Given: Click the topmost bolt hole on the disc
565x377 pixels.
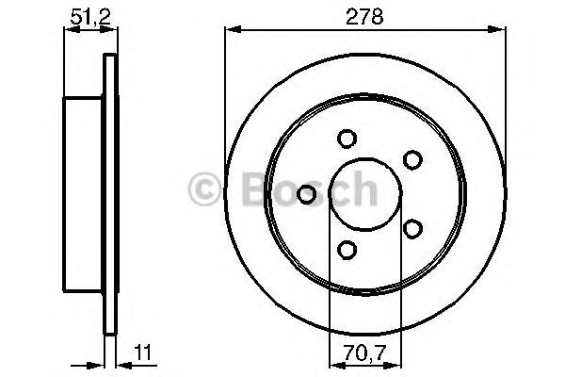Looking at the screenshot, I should tap(347, 139).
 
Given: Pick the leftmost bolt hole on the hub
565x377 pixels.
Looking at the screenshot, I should tap(306, 194).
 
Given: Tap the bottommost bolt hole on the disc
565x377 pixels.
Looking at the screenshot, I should tap(347, 249).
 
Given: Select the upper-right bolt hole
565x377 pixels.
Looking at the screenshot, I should tap(411, 160).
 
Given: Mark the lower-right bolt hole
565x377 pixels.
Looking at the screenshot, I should tap(411, 227).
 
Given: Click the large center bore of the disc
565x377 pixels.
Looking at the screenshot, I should tap(358, 194).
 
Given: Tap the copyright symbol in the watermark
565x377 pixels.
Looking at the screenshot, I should tap(204, 188).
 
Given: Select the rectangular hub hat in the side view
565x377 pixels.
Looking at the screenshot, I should tap(83, 193).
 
